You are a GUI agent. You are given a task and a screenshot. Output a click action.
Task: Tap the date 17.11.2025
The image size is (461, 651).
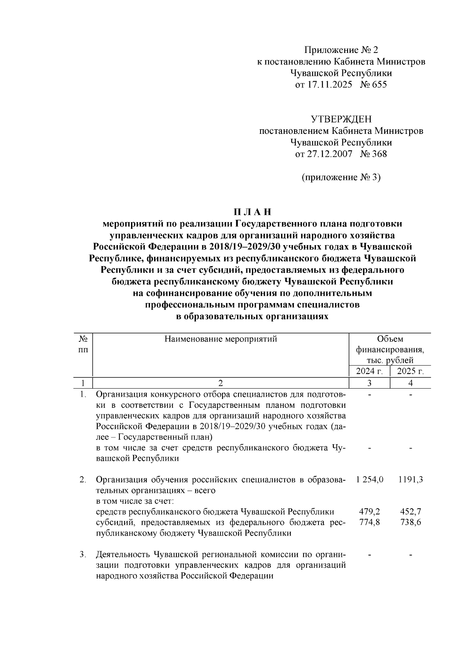[x=329, y=84]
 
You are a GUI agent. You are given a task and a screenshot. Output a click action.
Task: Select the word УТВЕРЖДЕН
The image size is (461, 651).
[x=341, y=119]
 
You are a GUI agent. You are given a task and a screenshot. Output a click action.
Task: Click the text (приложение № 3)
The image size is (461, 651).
[x=341, y=177]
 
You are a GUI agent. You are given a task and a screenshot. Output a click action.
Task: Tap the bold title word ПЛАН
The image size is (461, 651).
[x=252, y=212]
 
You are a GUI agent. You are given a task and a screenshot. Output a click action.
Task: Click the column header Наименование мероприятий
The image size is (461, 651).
[x=221, y=339]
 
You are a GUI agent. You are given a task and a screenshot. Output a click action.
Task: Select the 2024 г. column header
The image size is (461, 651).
[x=370, y=371]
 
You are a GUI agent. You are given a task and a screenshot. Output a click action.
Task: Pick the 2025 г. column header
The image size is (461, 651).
[x=410, y=371]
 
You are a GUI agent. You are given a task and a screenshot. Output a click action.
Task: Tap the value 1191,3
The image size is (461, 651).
[x=410, y=480]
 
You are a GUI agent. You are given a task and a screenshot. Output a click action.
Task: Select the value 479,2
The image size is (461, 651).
[x=370, y=511]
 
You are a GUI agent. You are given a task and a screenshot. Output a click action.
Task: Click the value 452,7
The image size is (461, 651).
[x=410, y=511]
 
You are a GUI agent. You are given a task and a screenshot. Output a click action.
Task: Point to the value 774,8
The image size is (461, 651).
[x=370, y=522]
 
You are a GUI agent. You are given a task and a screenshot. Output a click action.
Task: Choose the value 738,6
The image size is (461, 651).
[x=410, y=522]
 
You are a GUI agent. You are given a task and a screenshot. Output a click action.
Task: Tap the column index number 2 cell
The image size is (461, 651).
[x=221, y=383]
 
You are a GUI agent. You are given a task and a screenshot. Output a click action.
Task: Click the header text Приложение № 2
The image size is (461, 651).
[x=341, y=50]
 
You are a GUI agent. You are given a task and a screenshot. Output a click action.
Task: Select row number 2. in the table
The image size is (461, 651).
[x=83, y=480]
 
